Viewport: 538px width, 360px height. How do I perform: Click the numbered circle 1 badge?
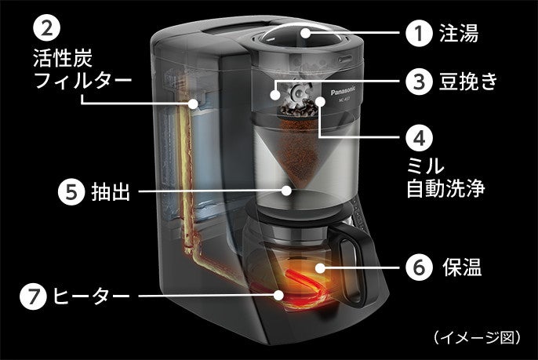point(419,35)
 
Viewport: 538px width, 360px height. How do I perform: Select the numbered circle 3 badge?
point(419,81)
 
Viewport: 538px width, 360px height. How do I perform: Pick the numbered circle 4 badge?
point(419,138)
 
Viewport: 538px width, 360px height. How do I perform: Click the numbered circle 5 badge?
point(71,191)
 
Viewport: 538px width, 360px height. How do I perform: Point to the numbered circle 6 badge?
point(419,268)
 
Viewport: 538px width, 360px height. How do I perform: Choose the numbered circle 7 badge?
point(35,296)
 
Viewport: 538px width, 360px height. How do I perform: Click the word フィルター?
point(82,81)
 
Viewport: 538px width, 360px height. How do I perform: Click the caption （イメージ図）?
point(476,337)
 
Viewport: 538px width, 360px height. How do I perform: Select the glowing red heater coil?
point(301,284)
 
